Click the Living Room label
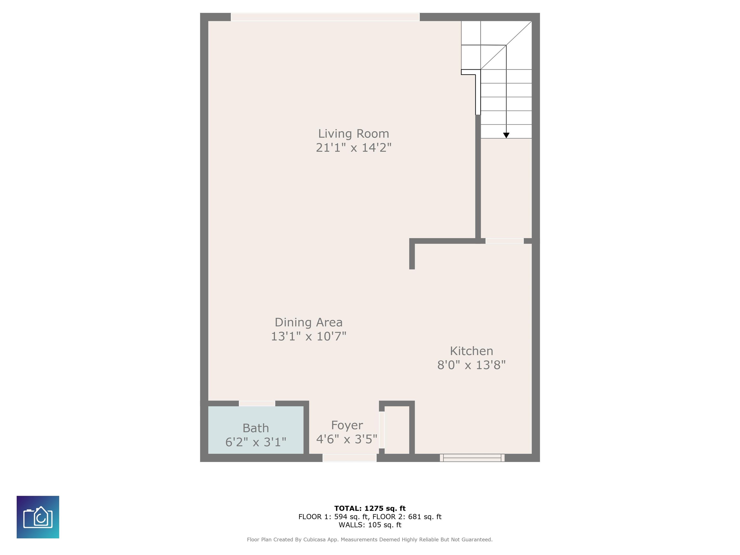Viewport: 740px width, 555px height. (354, 134)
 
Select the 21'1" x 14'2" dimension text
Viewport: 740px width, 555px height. (354, 147)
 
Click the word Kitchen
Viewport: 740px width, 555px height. (471, 351)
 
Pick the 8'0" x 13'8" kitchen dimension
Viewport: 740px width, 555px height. (471, 365)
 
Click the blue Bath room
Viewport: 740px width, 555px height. (256, 430)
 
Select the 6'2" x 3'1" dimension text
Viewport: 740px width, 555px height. (256, 442)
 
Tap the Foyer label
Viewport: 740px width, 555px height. (347, 425)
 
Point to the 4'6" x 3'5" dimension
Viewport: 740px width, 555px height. (347, 439)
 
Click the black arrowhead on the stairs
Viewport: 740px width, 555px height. (506, 135)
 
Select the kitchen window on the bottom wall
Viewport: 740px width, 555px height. (472, 458)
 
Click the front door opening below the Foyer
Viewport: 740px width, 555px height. (350, 458)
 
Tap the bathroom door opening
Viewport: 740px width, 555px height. (257, 403)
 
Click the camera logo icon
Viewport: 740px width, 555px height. (38, 517)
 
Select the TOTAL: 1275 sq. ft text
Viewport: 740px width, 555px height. (370, 509)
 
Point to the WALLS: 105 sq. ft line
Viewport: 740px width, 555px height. (370, 525)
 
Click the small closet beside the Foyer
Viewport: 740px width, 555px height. (397, 430)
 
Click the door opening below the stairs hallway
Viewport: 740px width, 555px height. (504, 241)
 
